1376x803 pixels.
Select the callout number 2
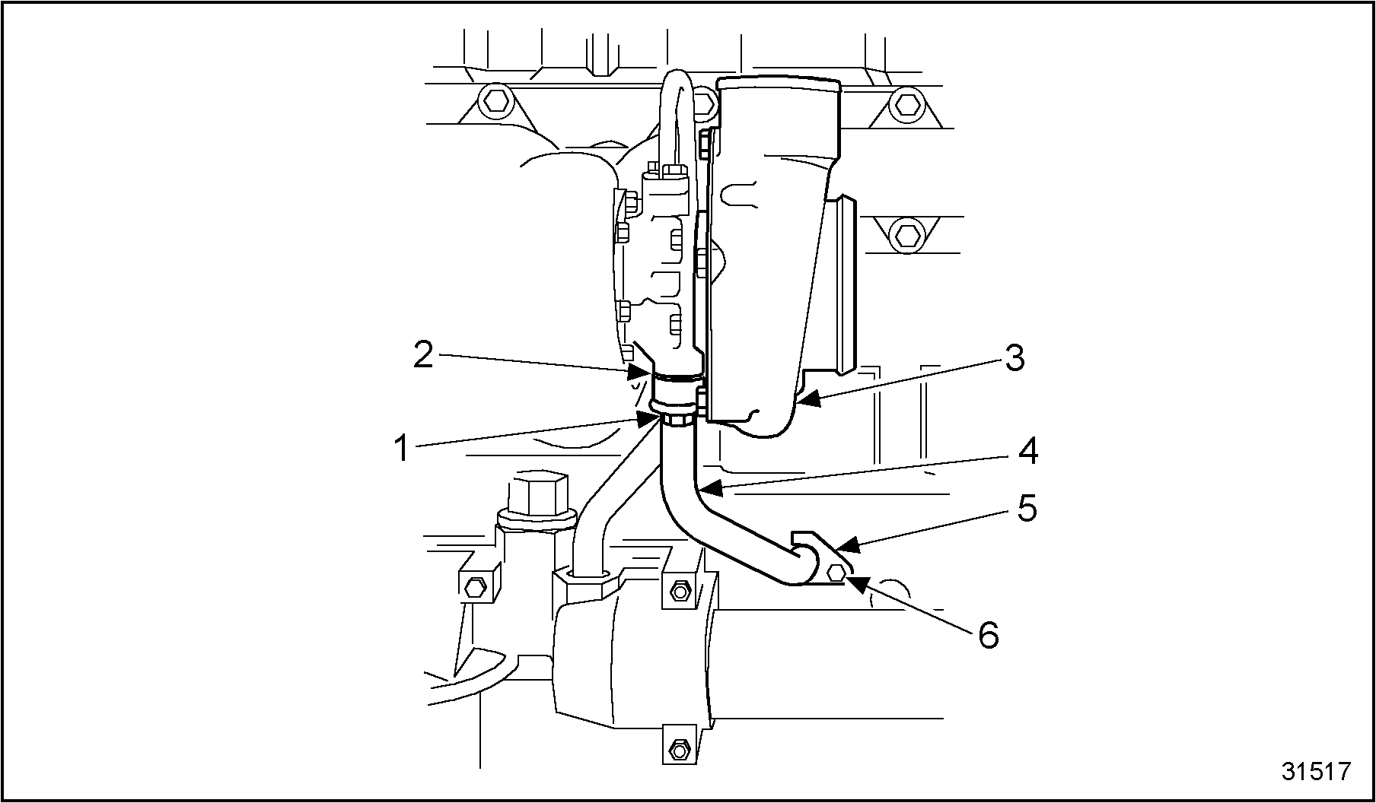tap(423, 355)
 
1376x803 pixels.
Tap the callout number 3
tap(1014, 358)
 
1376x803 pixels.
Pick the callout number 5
tap(1027, 509)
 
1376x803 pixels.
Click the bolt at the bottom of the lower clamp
tap(677, 750)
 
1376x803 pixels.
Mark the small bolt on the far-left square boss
tap(474, 585)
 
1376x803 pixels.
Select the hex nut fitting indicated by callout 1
tap(674, 420)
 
